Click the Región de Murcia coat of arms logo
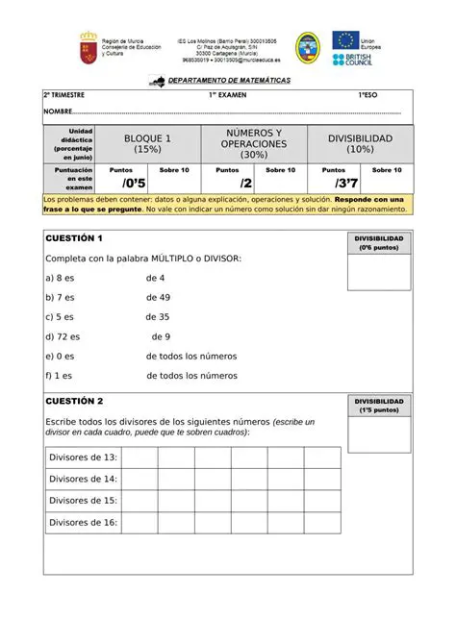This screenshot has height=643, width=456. click(x=88, y=45)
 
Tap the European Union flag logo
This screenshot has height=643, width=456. click(x=345, y=40)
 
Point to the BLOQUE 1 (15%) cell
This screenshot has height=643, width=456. click(x=148, y=144)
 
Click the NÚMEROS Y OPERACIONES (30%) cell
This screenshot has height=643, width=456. click(x=254, y=143)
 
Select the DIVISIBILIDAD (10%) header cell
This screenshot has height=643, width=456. click(x=360, y=143)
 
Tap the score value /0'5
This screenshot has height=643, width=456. click(x=134, y=183)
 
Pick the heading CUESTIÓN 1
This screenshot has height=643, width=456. click(x=74, y=238)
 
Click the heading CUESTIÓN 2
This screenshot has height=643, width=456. click(x=74, y=401)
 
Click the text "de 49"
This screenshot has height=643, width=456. click(x=158, y=297)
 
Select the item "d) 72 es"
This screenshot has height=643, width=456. click(x=63, y=336)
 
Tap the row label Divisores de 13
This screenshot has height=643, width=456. click(x=83, y=458)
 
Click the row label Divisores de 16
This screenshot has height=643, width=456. click(x=83, y=523)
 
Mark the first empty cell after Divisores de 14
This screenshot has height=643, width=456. click(x=139, y=479)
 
